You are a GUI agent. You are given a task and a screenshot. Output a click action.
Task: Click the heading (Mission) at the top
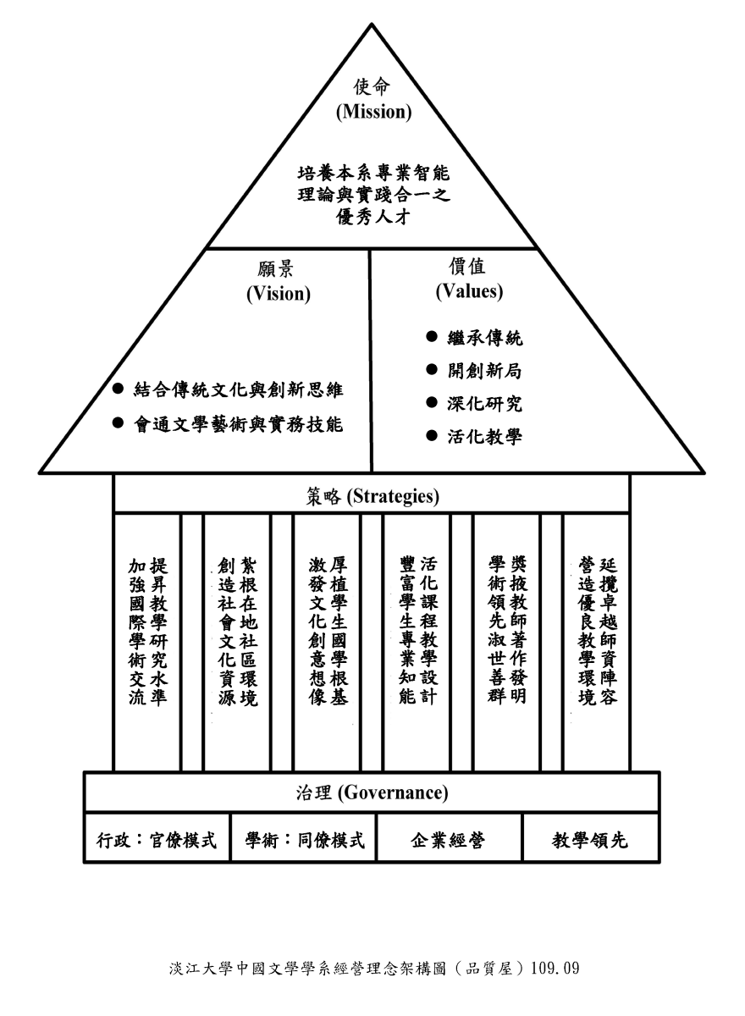(373, 112)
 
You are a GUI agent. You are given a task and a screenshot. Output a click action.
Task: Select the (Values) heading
(469, 291)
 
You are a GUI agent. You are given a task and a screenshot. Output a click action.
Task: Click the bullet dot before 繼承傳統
(432, 338)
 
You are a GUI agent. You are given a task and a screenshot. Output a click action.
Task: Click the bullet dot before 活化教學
(432, 437)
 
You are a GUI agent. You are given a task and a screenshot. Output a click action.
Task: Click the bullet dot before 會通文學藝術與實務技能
(119, 423)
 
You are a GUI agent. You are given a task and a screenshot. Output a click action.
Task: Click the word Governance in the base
(397, 793)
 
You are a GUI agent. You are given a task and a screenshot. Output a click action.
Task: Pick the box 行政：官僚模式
(157, 841)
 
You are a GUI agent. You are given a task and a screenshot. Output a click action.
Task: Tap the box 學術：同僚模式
(304, 841)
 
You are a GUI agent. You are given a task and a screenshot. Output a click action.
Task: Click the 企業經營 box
(448, 841)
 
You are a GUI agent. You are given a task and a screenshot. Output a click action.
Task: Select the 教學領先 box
(590, 841)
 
